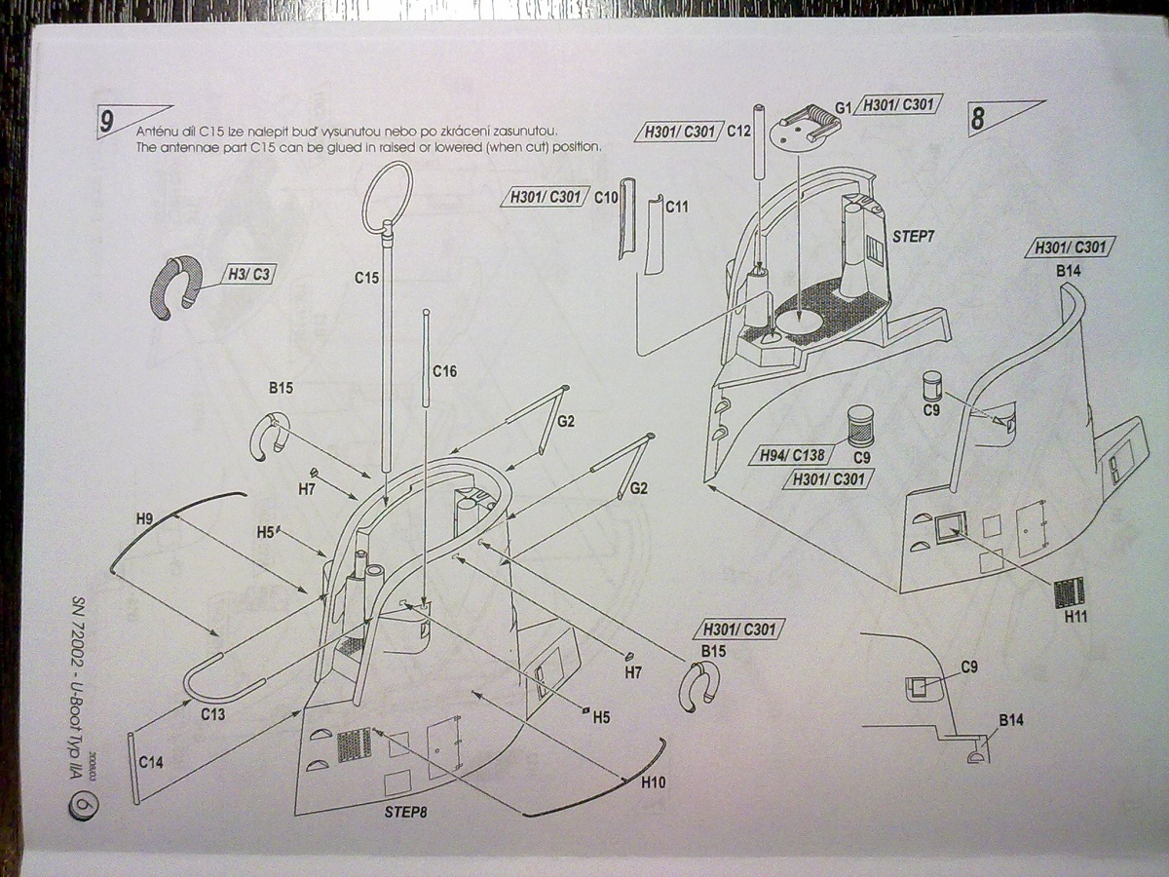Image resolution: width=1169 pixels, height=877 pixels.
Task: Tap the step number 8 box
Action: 979,119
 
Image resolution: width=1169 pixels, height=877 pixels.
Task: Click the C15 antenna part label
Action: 366,278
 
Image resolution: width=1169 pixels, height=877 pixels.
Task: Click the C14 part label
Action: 151,763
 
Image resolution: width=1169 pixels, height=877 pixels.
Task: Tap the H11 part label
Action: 1075,617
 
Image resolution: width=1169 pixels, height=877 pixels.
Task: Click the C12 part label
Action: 737,132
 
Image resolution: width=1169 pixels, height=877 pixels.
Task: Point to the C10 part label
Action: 607,197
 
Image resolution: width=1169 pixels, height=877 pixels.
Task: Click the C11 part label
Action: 677,207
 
